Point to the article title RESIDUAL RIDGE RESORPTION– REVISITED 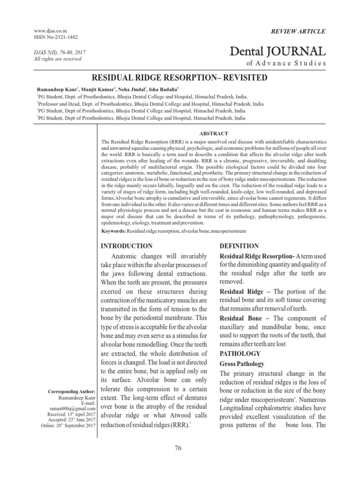[x=180, y=77]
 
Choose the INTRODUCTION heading [x=127, y=246]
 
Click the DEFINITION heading [x=239, y=246]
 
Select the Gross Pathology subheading [x=242, y=364]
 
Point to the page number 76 [x=178, y=448]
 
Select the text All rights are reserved [x=55, y=59]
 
